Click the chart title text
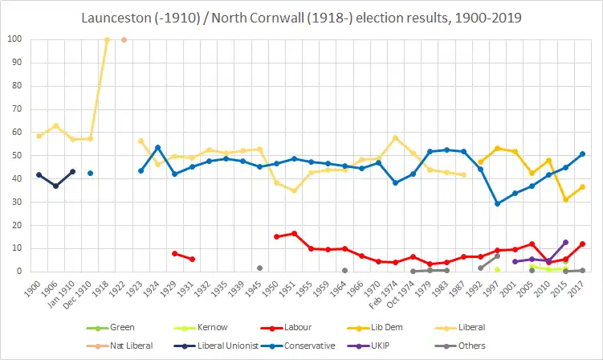[x=301, y=16]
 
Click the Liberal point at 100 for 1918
[x=107, y=39]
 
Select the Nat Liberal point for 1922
[x=124, y=39]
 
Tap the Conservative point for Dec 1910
[x=90, y=173]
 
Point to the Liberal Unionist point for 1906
[x=55, y=186]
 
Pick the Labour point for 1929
[x=175, y=253]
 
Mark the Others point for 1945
[x=259, y=268]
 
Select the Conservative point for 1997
[x=497, y=203]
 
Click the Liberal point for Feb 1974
[x=395, y=137]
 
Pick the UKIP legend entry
[x=458, y=345]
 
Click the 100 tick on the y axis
[x=16, y=39]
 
